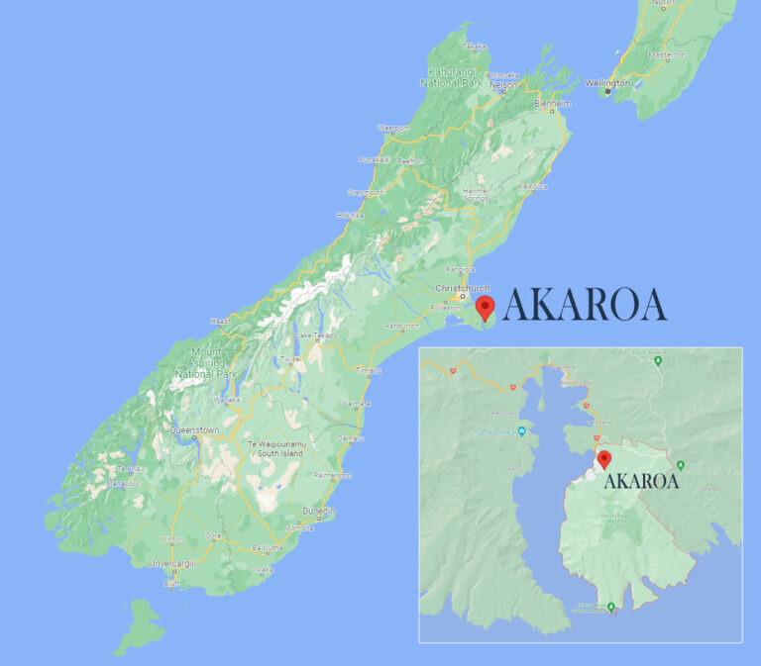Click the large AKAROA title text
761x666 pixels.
tap(585, 306)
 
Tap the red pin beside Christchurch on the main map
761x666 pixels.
tap(485, 307)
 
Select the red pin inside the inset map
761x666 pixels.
tap(604, 460)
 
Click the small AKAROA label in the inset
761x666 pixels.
tap(641, 482)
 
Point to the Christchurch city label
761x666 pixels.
tap(462, 288)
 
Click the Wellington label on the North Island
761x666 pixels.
tap(607, 83)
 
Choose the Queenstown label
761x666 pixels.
tap(194, 430)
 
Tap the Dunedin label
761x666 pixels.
tap(319, 511)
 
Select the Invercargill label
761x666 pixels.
tap(174, 562)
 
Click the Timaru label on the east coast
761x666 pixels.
tap(368, 370)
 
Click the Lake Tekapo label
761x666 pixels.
tap(317, 335)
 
